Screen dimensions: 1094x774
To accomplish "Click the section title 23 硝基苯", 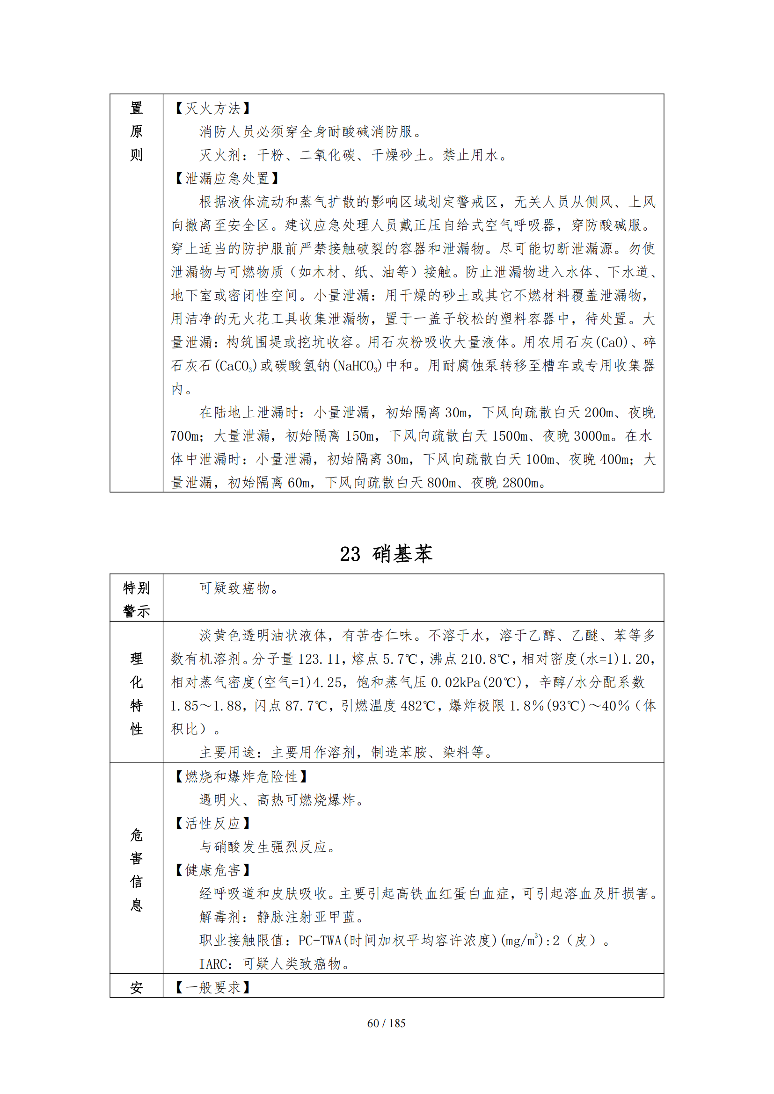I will [x=386, y=554].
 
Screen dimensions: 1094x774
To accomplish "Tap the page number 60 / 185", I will [x=386, y=1023].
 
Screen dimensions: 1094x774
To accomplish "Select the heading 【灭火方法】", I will [x=212, y=108].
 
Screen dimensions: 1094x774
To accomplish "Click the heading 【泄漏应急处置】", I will [x=226, y=178].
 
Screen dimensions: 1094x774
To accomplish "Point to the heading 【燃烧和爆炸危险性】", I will [x=241, y=776].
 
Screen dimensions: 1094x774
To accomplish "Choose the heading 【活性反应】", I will [x=212, y=823].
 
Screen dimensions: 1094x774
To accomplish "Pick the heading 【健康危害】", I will [x=212, y=869].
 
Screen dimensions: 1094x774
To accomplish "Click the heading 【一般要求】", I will [x=212, y=987].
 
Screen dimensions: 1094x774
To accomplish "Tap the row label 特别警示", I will [x=136, y=599].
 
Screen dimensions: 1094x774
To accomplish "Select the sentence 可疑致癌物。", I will [x=240, y=588].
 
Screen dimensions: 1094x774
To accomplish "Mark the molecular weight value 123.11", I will [x=319, y=659].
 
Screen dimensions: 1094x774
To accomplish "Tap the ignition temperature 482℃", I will [x=418, y=706].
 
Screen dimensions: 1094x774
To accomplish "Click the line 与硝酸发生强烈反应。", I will [x=268, y=846].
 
